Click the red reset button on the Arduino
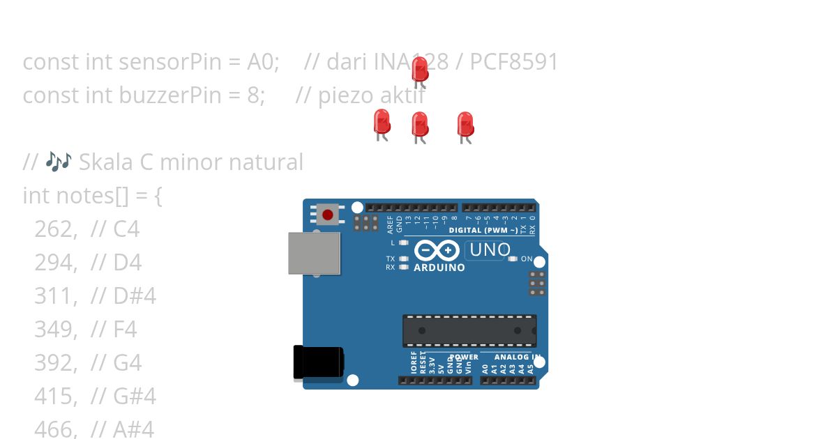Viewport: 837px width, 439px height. point(327,215)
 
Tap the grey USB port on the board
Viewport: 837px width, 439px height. point(315,253)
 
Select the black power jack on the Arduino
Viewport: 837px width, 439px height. point(318,362)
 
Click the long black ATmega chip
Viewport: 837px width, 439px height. point(469,331)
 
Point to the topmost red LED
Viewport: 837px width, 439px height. point(420,68)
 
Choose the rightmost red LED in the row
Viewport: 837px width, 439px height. point(465,125)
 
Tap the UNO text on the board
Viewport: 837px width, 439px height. point(490,249)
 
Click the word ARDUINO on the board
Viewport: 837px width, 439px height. point(439,268)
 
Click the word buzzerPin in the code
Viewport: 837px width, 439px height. point(156,95)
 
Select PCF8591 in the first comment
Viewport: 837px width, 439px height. point(514,61)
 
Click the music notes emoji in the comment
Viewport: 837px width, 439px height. point(59,162)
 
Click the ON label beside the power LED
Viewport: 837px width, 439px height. point(527,259)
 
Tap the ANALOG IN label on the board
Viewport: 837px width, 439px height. point(517,357)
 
